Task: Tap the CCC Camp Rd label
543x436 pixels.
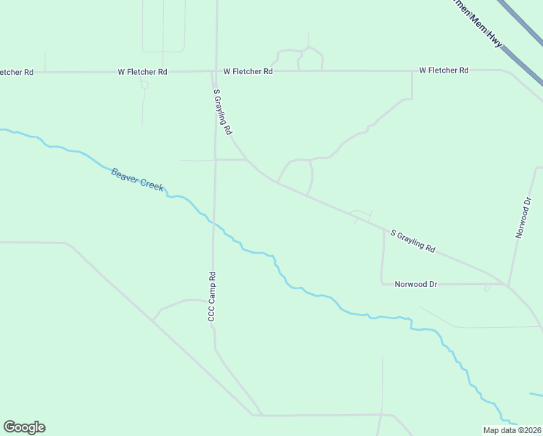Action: coord(213,296)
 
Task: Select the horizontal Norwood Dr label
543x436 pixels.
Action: coord(415,284)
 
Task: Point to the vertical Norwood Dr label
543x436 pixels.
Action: coord(523,217)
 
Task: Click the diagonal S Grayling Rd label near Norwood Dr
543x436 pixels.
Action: coord(412,241)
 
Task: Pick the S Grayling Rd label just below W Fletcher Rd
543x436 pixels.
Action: coord(222,112)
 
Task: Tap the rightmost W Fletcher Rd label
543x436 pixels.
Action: coord(444,70)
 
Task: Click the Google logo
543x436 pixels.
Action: coord(24,427)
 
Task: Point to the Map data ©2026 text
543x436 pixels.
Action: coord(512,430)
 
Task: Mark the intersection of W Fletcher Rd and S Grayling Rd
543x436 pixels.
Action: coord(215,71)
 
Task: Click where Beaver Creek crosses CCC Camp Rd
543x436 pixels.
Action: coord(213,222)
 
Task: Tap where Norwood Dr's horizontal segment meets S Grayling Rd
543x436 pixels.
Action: coord(502,283)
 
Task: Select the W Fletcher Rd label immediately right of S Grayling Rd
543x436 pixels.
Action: coord(248,71)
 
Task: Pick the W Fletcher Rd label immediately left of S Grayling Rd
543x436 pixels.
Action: coord(143,72)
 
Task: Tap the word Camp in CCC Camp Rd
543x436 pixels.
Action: coord(213,294)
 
